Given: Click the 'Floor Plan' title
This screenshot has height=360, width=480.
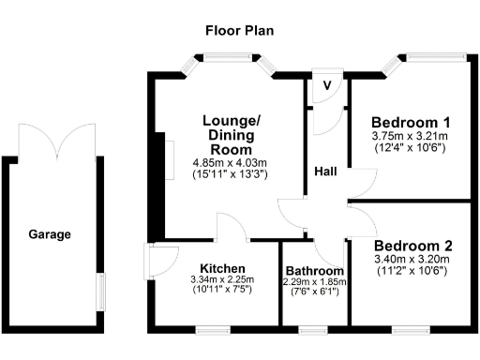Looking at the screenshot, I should pos(239,29).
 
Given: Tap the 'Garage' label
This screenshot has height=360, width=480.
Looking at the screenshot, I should pos(49,234).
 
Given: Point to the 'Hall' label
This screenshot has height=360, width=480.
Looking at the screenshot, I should pos(326,172).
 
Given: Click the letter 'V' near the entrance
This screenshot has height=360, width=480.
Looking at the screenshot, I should pos(326,84).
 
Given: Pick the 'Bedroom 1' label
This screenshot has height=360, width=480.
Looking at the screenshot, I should pos(411,123).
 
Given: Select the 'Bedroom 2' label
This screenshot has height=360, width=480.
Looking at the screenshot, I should pos(411,247).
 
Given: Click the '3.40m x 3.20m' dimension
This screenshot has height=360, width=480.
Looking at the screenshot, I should pos(411,260).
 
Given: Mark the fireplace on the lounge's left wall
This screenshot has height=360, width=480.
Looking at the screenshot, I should pos(170,155).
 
